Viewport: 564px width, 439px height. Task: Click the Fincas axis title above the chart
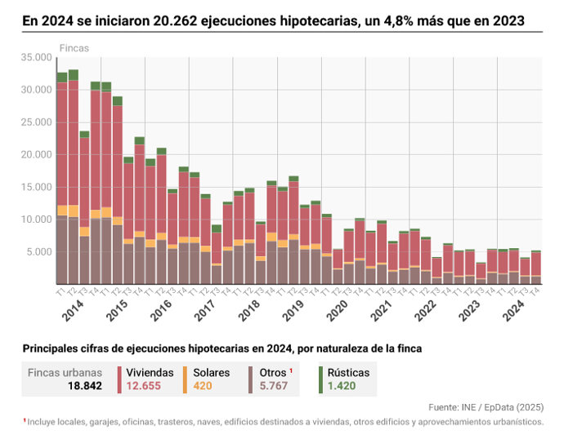(74, 48)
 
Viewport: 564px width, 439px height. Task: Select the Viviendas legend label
(150, 372)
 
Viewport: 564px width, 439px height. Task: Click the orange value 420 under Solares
(203, 386)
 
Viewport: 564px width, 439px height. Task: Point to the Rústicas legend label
(343, 372)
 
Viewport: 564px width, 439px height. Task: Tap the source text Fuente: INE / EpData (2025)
(486, 406)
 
